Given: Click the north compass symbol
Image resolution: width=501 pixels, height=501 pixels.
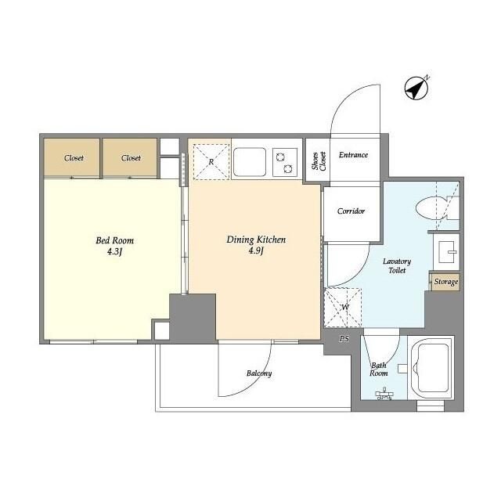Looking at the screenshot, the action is tap(416, 88).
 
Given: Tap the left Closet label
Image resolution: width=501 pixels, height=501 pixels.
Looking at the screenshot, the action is tap(74, 158).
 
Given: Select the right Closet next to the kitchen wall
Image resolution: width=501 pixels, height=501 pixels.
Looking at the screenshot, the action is tap(131, 158).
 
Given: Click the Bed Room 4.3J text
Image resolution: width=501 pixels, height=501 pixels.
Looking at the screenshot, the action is tap(115, 246).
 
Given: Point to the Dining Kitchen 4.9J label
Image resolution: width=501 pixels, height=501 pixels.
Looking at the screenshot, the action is tap(256, 245).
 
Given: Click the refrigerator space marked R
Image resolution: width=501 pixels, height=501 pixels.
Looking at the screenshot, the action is tap(211, 162).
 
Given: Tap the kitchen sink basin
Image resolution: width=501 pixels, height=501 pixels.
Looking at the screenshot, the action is tap(250, 162).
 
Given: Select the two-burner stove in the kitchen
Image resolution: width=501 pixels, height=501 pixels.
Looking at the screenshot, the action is tap(285, 162).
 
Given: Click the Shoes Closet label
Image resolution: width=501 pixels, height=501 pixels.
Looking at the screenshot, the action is tap(319, 160).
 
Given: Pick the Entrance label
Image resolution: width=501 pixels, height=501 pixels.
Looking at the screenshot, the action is tap(353, 155).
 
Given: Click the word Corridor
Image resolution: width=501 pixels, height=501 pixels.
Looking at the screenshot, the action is tap(351, 211).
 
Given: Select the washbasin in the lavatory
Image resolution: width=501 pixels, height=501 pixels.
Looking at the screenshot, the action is tap(447, 251).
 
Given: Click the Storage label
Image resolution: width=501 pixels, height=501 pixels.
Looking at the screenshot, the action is tap(446, 282).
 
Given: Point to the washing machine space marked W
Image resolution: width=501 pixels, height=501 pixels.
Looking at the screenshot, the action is tap(343, 308).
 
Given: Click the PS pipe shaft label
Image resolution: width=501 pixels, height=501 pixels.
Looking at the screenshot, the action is tap(344, 339).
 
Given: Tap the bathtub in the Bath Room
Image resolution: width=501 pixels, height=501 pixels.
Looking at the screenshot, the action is tap(431, 367).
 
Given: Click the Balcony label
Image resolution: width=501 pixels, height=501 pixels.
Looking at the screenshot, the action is tap(259, 373).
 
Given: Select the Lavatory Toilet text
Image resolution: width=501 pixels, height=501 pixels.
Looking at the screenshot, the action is tap(397, 266).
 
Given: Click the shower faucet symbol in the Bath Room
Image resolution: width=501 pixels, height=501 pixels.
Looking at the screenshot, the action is tap(384, 395).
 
